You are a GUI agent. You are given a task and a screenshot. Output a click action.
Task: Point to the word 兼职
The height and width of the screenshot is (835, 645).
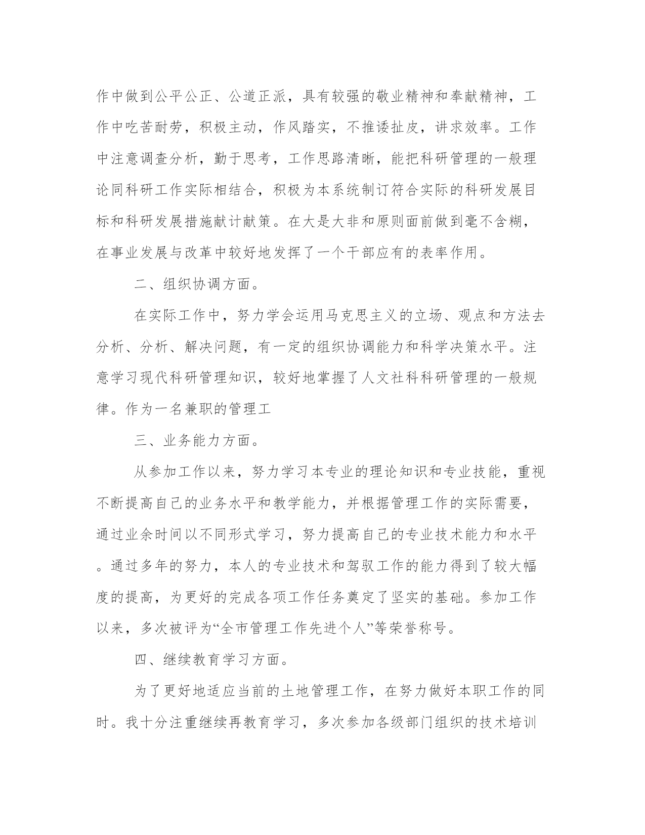coord(200,409)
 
